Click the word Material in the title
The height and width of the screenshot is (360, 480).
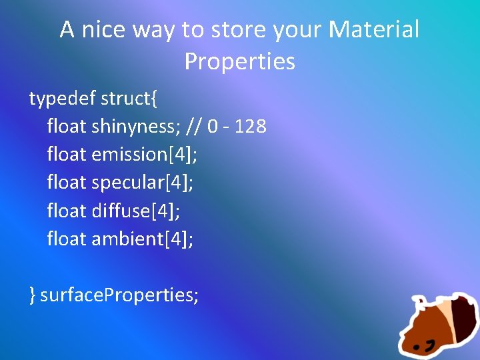(x=375, y=29)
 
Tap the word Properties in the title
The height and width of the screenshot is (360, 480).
(x=239, y=61)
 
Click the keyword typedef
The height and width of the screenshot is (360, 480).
(x=62, y=99)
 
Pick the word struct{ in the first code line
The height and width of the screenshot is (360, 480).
(x=129, y=99)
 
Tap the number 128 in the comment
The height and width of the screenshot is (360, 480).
(x=250, y=126)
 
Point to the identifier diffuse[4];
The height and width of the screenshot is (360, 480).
(x=136, y=211)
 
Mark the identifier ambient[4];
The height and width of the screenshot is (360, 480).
(x=142, y=239)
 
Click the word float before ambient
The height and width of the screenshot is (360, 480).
(x=67, y=239)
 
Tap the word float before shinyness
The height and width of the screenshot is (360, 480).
(x=67, y=126)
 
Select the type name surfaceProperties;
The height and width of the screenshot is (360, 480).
(x=119, y=294)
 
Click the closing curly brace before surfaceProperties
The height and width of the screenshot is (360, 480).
(x=32, y=294)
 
